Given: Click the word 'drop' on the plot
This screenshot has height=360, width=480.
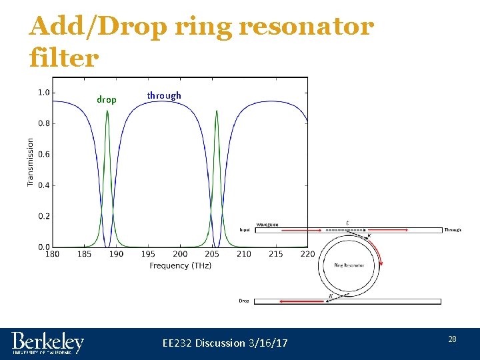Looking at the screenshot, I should coord(107,100).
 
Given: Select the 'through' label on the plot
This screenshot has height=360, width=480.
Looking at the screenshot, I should coord(164,96).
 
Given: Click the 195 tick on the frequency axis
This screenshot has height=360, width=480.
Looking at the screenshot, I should coord(148,254).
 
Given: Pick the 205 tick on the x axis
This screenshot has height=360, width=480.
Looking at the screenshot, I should coord(212,254).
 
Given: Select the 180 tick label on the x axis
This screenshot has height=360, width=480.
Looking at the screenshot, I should coord(52,254).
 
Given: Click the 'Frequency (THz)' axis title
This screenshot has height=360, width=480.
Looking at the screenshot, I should coord(180,265).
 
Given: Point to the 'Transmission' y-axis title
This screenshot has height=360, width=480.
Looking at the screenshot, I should coord(31,162).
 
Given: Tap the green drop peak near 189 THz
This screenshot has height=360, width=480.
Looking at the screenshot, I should coord(107,112).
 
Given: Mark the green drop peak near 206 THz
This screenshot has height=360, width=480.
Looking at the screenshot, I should coord(217,112).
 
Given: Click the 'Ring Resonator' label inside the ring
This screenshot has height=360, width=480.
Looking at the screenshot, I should coord(349,265).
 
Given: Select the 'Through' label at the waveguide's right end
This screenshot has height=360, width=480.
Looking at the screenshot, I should coord(453,230).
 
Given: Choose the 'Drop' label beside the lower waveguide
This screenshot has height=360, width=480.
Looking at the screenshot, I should coord(244,301).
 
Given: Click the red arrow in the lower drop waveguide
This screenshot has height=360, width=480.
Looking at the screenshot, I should coord(293,301).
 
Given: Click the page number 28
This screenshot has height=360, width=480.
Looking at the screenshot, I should coord(452,340).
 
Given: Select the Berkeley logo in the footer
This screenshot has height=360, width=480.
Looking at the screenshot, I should coord(47,343).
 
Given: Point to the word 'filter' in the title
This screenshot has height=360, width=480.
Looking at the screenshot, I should coord(64,57).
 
